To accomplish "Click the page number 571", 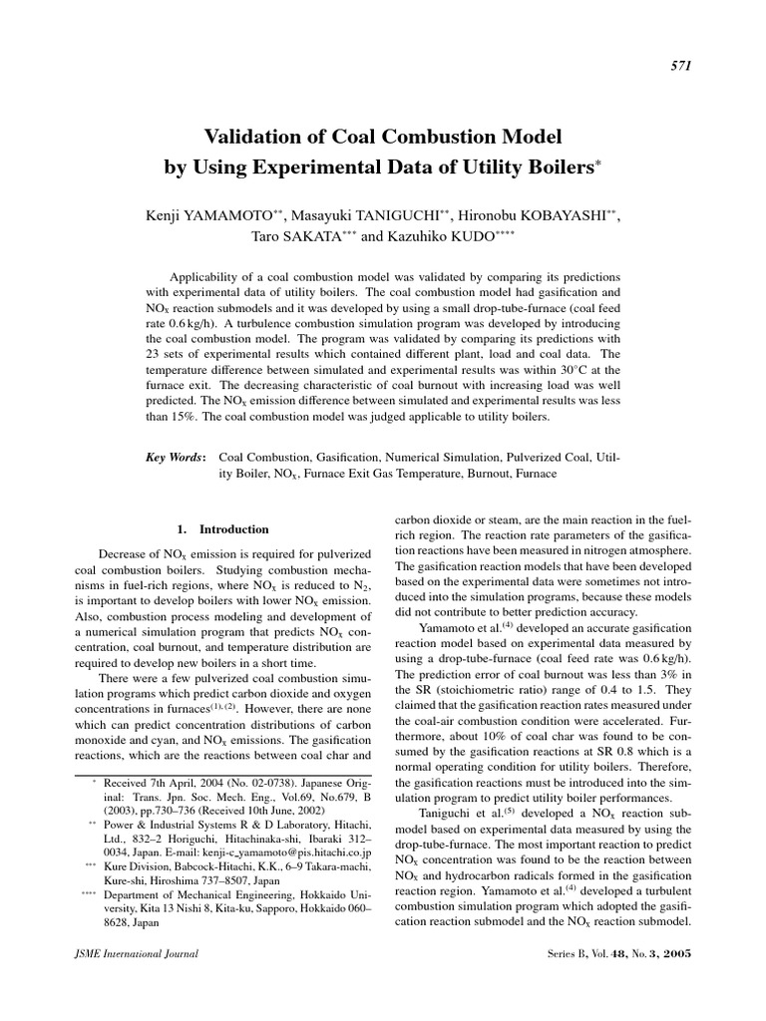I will pyautogui.click(x=682, y=65).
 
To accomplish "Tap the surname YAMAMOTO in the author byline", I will pyautogui.click(x=224, y=216).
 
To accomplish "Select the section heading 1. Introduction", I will pyautogui.click(x=221, y=529).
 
